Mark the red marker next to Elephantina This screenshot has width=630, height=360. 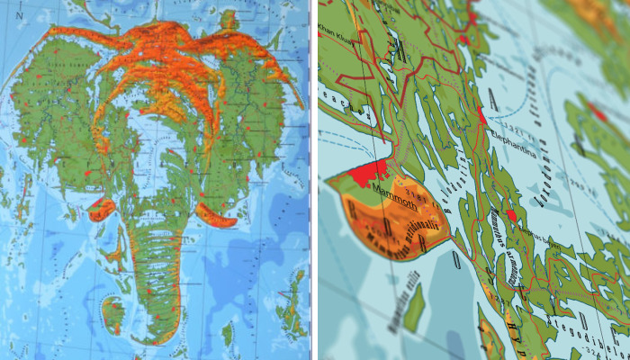[x=481, y=116]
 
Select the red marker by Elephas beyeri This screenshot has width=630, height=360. [x=511, y=215]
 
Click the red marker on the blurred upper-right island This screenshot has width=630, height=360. [x=597, y=112]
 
